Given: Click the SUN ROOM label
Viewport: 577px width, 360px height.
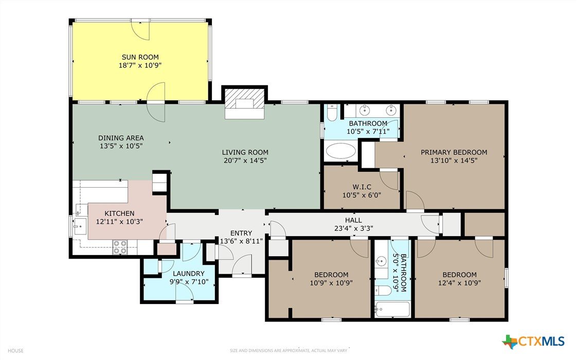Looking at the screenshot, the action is (x=140, y=57).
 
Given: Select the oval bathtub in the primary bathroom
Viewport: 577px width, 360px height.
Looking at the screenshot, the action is (x=341, y=151).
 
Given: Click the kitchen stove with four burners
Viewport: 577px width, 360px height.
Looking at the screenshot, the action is (x=120, y=247).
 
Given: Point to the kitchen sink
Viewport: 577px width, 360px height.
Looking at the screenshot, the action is (x=80, y=226).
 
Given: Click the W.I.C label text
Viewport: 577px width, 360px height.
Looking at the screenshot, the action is (x=362, y=187).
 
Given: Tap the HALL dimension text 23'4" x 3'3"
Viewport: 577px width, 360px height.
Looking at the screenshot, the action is (x=354, y=228).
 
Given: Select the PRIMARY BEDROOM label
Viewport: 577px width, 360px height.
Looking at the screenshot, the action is (x=454, y=152).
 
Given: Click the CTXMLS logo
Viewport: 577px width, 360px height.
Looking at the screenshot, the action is (x=533, y=341).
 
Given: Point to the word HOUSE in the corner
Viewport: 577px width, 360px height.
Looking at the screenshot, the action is (x=15, y=351).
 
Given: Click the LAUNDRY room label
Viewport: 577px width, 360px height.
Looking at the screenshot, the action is (x=188, y=274).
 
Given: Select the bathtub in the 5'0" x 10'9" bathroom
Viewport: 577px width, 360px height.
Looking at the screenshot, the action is (x=392, y=310).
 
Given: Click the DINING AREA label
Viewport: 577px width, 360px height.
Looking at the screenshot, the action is (x=121, y=138).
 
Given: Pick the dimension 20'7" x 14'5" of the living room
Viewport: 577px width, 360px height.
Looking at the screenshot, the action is (x=245, y=160).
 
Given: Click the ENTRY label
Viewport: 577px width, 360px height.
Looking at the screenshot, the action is (x=241, y=233).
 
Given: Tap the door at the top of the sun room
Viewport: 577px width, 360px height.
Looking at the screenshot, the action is (x=141, y=29).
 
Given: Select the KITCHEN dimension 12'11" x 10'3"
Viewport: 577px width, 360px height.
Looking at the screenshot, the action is (x=119, y=222).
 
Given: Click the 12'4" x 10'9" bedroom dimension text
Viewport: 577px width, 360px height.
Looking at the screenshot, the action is (x=460, y=283).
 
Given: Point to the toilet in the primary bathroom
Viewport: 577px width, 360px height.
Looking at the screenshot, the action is (x=332, y=112).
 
